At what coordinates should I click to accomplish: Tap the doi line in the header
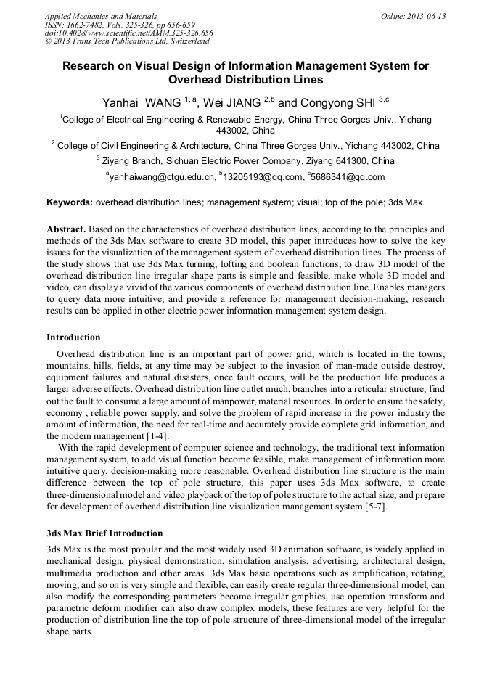tap(128, 33)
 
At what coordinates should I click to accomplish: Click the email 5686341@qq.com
tap(348, 176)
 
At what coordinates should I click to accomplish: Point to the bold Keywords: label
tap(70, 202)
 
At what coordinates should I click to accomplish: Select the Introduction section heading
tap(73, 337)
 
